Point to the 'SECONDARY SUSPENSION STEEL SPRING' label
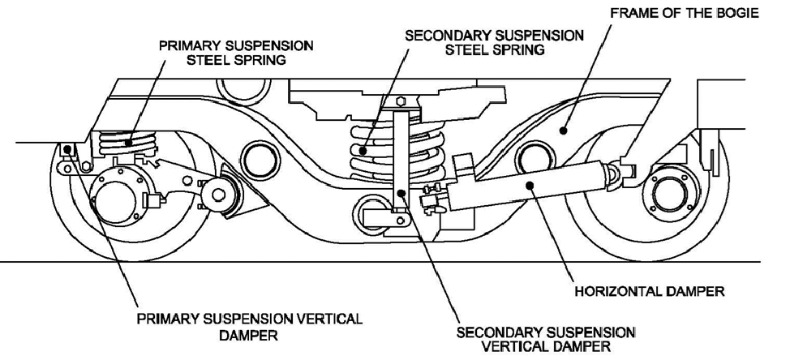tap(494, 43)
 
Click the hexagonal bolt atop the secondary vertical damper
tap(399, 102)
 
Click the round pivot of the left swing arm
tap(217, 194)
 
